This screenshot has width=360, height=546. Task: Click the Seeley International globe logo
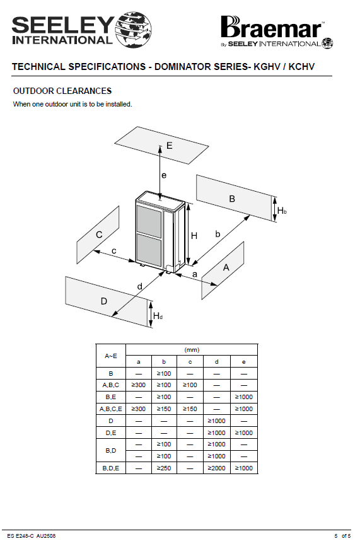pos(134,29)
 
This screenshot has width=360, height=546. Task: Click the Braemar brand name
pos(272,27)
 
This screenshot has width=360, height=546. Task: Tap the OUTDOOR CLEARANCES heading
pos(62,91)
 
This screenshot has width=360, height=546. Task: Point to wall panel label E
pos(170,146)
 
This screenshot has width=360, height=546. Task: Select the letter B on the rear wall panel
pos(232,199)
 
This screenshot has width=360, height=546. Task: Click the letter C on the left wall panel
pos(99,235)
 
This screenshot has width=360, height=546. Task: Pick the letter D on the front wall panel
pos(104,301)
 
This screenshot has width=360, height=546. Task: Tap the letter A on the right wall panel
pos(226,267)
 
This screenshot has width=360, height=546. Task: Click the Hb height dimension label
pos(282,211)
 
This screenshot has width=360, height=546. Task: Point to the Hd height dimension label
pos(158,316)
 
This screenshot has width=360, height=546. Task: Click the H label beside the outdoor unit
pos(194,236)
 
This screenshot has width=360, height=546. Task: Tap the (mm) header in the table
pos(192,350)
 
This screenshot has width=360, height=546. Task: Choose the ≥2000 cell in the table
pos(216,468)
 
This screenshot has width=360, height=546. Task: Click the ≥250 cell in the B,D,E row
pos(164,468)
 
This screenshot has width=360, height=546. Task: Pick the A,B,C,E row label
pos(111,409)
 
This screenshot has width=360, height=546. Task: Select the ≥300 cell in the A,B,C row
pos(139,385)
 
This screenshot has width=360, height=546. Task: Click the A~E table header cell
pos(111,356)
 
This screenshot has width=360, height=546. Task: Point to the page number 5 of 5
pos(342,536)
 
